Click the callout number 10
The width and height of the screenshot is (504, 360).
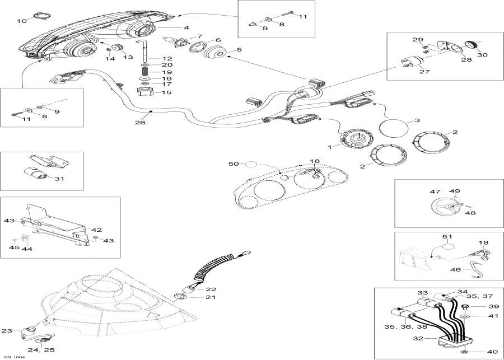coord(21,21)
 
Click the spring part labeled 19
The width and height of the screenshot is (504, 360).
coord(144,72)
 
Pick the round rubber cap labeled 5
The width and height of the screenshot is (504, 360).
coord(216,55)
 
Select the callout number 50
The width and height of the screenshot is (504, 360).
coord(234,164)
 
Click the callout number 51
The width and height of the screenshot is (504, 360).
coord(447,237)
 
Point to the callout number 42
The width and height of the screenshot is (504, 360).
coord(97,230)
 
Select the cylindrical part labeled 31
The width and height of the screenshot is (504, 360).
coord(40,174)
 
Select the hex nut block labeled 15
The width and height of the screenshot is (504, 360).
coord(144,92)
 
